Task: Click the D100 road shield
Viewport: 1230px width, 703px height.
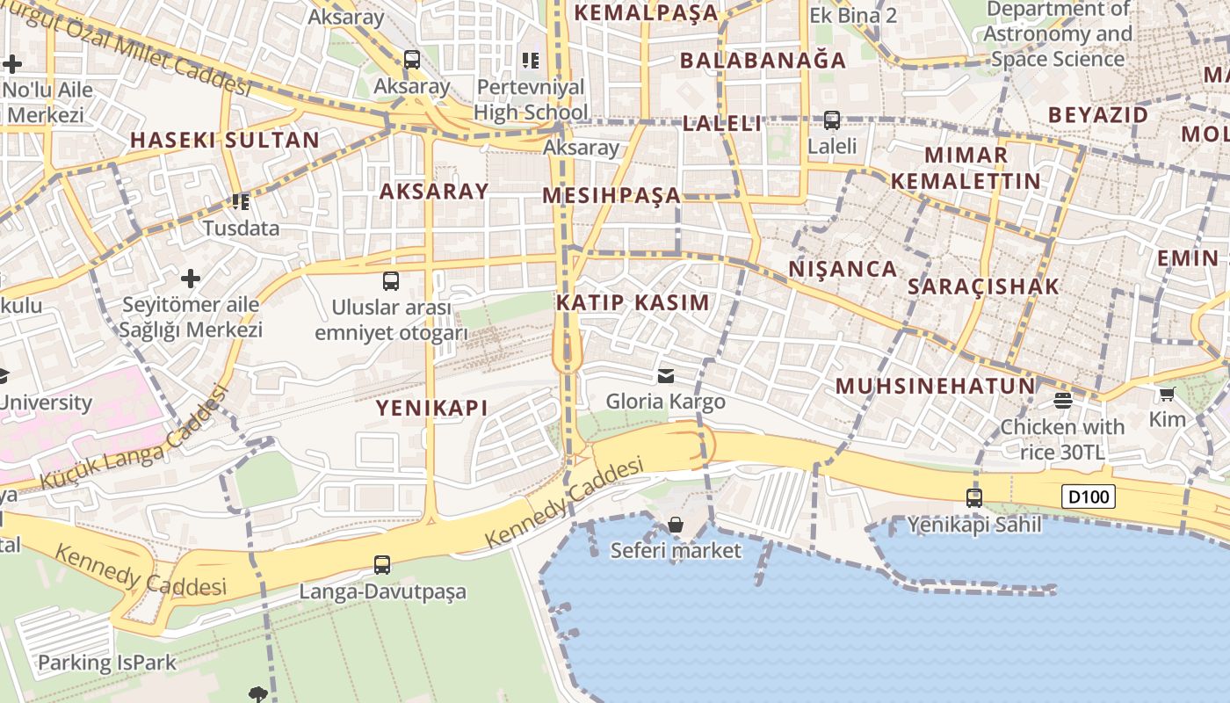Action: point(1089,496)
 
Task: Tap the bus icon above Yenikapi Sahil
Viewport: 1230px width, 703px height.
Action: point(974,498)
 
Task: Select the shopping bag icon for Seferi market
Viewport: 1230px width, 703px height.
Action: point(675,525)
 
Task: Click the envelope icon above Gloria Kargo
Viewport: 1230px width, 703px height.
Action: point(665,376)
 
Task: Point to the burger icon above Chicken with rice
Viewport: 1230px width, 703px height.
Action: point(1062,401)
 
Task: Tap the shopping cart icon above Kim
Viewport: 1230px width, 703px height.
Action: point(1167,394)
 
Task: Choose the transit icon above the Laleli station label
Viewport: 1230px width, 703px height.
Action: point(831,120)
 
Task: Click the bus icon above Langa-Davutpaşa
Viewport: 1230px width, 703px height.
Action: point(382,565)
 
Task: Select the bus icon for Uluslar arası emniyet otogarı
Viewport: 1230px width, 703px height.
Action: point(391,281)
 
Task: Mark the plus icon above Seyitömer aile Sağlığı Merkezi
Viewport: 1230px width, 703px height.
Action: point(191,279)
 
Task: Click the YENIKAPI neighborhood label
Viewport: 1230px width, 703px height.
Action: point(431,408)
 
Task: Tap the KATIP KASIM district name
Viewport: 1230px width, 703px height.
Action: point(633,302)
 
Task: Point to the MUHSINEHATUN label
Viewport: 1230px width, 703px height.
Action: point(935,386)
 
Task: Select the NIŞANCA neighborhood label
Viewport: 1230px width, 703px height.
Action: point(843,269)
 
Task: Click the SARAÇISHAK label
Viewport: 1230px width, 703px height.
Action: point(983,286)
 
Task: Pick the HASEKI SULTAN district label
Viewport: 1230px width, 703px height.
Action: point(225,140)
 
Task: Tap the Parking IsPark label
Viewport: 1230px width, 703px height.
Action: point(107,663)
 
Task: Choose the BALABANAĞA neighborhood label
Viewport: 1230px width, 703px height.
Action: point(763,60)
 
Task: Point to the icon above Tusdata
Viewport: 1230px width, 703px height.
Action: point(241,202)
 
